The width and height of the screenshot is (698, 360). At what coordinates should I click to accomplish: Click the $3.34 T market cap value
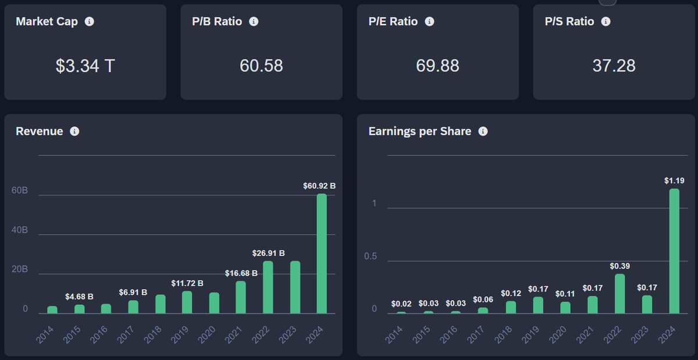85,66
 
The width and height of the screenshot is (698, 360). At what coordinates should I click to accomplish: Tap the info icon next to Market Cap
89,22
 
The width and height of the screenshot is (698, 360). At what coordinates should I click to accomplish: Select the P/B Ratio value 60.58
261,66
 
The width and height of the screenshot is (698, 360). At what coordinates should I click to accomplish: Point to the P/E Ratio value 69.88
437,66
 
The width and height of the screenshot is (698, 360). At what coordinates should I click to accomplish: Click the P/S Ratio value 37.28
614,66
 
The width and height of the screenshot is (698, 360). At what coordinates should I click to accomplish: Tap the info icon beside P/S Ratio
606,22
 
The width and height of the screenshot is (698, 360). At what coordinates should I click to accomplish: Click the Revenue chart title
39,131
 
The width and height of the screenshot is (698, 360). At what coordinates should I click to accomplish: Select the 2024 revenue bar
322,254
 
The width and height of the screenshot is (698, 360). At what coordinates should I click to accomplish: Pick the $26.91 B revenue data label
268,254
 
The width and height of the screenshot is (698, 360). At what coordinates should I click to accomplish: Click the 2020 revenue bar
214,303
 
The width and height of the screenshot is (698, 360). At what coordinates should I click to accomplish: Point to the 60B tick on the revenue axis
20,191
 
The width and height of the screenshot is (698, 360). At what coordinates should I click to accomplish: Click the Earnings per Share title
419,131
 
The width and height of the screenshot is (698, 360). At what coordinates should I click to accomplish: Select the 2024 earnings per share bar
674,251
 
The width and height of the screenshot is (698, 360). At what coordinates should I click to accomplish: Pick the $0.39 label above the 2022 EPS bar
620,266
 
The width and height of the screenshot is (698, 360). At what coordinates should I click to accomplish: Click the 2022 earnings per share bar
620,294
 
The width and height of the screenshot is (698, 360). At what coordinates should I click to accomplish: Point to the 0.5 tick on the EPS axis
371,256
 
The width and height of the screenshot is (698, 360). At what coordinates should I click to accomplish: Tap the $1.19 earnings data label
674,181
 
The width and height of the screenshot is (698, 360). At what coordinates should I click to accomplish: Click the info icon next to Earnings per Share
483,131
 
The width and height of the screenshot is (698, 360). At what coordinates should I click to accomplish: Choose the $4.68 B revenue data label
79,297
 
